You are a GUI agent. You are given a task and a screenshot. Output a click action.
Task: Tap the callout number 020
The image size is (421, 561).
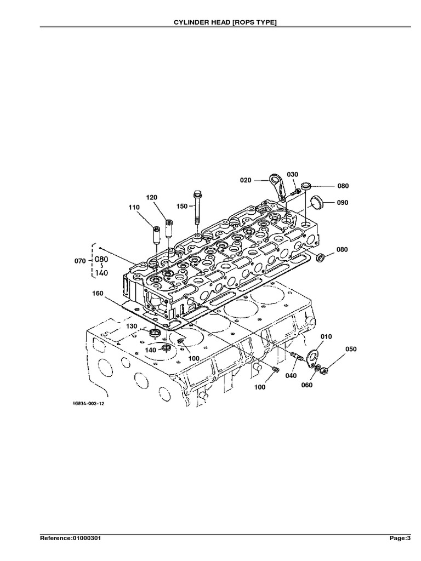[x=246, y=179]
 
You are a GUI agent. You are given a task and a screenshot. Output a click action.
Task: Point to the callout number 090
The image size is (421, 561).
[x=343, y=202]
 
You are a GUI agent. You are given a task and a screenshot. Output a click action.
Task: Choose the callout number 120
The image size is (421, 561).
[x=151, y=197]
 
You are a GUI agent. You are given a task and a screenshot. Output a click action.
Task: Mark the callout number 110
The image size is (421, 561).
[x=134, y=207]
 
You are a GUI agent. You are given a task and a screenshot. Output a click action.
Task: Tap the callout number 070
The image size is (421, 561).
[x=79, y=261]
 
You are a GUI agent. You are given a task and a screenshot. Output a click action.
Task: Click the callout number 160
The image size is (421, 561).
[x=98, y=293]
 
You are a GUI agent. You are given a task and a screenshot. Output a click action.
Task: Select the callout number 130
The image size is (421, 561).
[x=132, y=327]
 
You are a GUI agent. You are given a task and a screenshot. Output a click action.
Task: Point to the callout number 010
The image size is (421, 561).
[x=326, y=336]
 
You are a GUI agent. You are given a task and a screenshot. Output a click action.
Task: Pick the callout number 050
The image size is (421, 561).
[x=350, y=349]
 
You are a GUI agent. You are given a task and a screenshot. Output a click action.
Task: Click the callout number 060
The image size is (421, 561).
[x=306, y=385]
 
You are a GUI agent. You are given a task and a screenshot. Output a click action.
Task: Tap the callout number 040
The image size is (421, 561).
[x=291, y=375]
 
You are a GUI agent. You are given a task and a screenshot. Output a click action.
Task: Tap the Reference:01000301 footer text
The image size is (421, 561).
[x=70, y=539]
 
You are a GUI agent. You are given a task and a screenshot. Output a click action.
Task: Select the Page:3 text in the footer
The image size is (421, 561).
[x=400, y=539]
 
